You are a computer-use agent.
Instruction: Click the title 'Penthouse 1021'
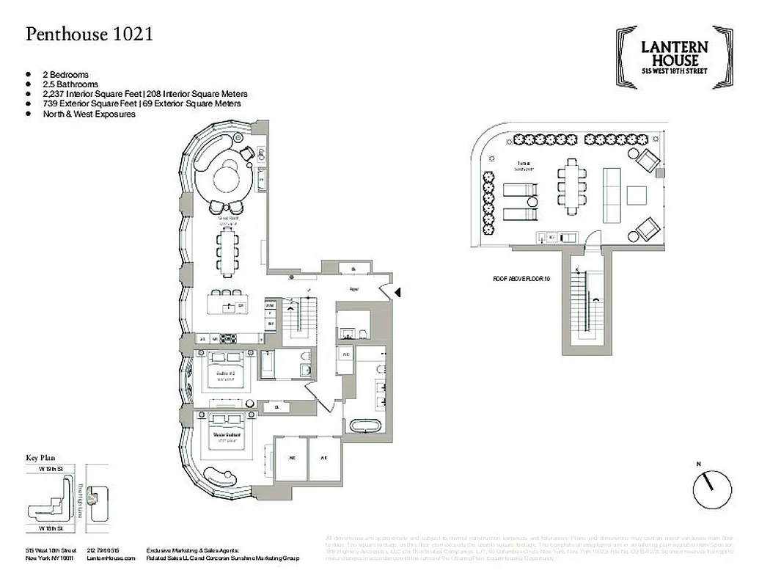click(x=89, y=34)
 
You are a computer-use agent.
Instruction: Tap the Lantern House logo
click(x=674, y=58)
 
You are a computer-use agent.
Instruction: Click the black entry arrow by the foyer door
click(x=398, y=293)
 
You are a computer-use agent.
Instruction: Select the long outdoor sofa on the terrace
click(x=611, y=194)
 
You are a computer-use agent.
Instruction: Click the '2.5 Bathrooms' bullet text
click(x=70, y=84)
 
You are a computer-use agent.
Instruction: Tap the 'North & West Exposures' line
click(x=89, y=114)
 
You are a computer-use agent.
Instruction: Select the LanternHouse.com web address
click(x=111, y=559)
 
